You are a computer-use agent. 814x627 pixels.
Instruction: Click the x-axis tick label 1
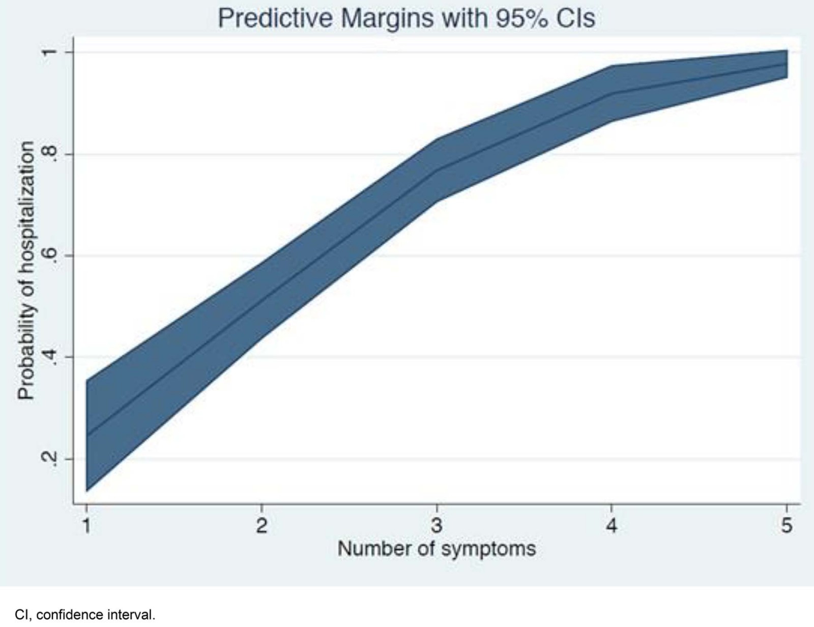click(86, 525)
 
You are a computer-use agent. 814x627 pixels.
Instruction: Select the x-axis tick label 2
click(261, 525)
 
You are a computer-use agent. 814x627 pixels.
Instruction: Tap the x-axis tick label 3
click(437, 525)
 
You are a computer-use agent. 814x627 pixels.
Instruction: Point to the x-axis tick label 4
click(612, 525)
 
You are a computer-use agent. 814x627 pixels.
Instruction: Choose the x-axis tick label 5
click(787, 525)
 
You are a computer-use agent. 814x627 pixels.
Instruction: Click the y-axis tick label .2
click(49, 459)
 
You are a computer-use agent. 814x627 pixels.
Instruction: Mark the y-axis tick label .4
click(49, 357)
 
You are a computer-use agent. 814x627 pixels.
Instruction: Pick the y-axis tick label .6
click(49, 255)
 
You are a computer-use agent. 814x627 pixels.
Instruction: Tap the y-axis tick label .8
click(49, 154)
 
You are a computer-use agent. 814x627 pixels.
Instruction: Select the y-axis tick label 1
click(49, 52)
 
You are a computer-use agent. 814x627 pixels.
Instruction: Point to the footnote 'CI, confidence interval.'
click(85, 615)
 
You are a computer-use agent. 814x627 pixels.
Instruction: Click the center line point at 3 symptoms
click(437, 170)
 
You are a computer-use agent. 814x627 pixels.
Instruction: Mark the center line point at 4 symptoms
click(612, 93)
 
